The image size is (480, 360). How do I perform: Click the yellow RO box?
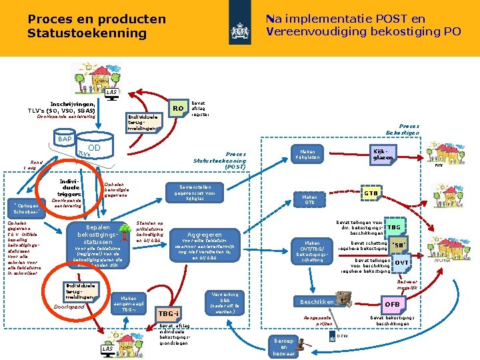tap(177, 108)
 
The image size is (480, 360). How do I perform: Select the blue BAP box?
tap(65, 139)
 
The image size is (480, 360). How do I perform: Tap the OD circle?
tap(94, 148)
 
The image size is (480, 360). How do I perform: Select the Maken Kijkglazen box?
tap(308, 154)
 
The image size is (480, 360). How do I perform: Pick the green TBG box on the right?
tap(394, 227)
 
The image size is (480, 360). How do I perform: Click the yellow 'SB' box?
tap(401, 245)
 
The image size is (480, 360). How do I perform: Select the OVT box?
tap(401, 263)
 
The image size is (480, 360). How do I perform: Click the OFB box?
tap(392, 305)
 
